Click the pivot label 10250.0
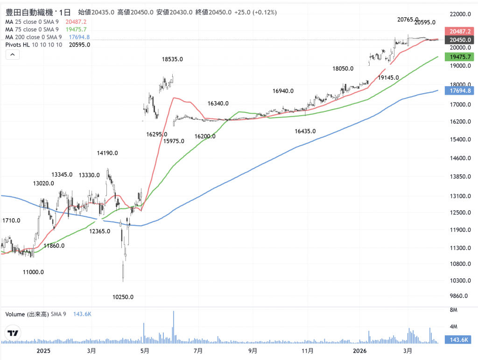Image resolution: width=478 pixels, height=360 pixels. (123, 297)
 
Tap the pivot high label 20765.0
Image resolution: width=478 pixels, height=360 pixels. (408, 20)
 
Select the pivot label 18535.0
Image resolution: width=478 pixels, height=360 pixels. (172, 59)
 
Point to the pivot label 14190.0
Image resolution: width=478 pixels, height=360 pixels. (107, 152)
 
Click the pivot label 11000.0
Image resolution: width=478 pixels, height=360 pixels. (34, 272)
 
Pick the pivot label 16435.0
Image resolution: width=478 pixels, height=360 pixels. (305, 132)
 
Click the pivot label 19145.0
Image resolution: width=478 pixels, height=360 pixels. (388, 77)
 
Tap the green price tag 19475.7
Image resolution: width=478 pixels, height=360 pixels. (459, 56)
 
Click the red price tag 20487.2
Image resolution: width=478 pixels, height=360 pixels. (459, 31)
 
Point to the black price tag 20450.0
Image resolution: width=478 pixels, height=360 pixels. (459, 40)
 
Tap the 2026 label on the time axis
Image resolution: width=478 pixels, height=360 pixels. (359, 350)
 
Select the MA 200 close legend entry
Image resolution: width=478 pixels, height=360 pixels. (34, 37)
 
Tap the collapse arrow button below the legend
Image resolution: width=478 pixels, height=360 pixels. (13, 55)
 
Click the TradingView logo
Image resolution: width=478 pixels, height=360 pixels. (13, 333)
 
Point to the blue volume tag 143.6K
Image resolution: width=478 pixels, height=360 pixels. (459, 340)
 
